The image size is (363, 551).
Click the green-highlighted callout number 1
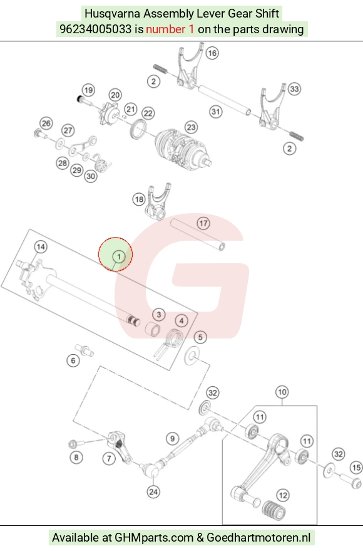click(x=119, y=257)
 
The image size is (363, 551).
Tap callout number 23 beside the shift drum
click(x=191, y=127)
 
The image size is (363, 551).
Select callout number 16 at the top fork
click(x=212, y=53)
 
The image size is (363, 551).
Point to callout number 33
click(x=295, y=89)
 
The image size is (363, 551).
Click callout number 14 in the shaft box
click(x=41, y=247)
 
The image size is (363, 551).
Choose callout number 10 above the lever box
click(x=282, y=392)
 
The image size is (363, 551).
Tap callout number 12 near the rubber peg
click(x=283, y=495)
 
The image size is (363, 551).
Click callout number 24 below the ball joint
click(x=153, y=491)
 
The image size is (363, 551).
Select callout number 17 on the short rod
click(x=203, y=223)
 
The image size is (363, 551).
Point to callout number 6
click(x=73, y=360)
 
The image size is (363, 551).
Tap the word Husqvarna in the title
click(x=112, y=14)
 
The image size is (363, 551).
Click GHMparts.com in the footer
click(x=154, y=538)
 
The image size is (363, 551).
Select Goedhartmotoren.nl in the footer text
click(x=258, y=537)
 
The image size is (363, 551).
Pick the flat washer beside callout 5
click(x=192, y=356)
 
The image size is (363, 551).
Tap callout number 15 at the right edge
click(x=356, y=468)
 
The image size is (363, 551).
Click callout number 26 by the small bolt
click(x=46, y=123)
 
